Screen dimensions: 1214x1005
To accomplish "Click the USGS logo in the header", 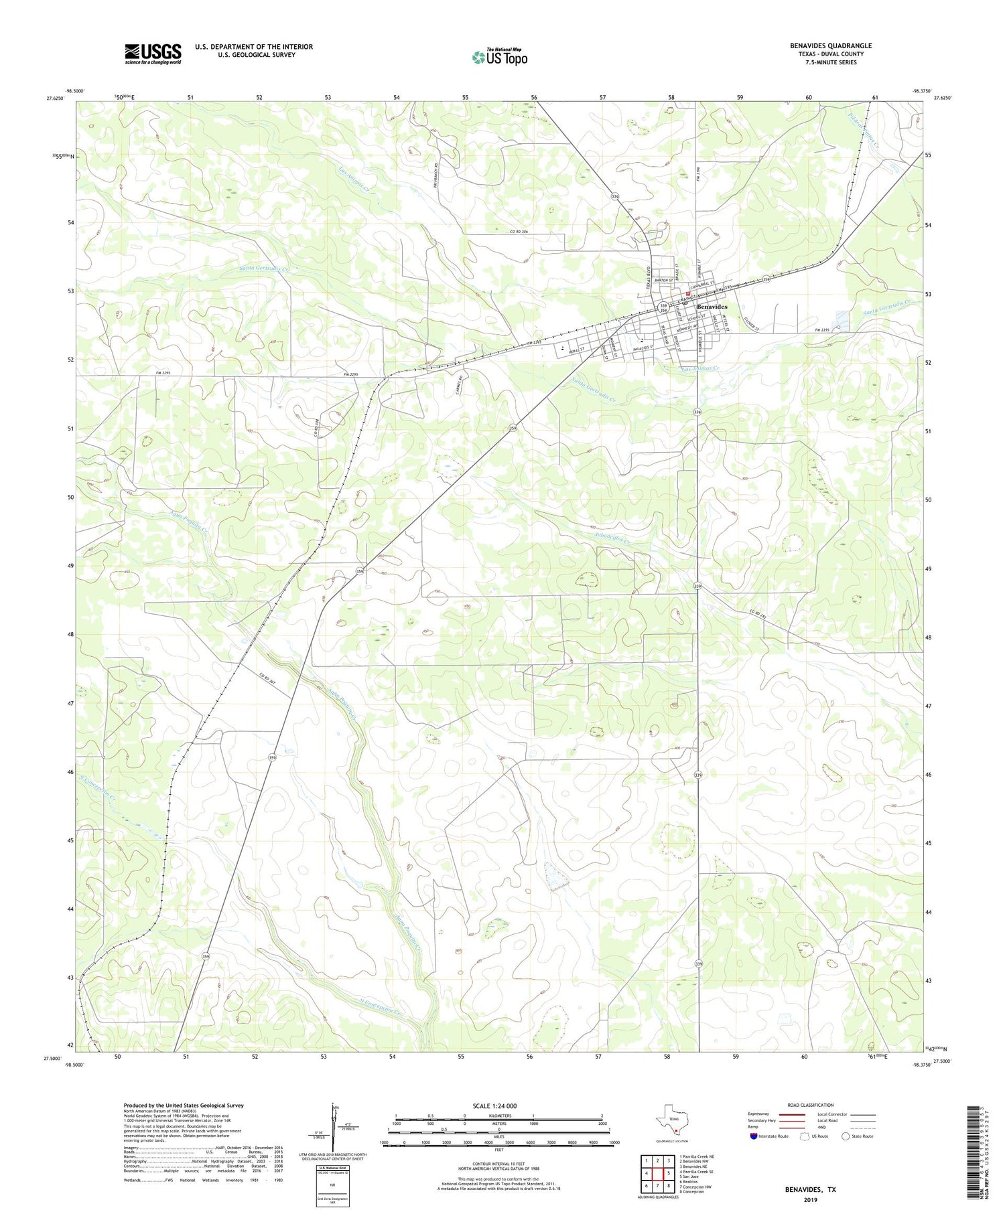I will pos(153,54).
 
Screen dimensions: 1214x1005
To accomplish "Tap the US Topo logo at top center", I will pos(499,58).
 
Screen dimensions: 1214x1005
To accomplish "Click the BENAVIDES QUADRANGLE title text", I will pos(831,46).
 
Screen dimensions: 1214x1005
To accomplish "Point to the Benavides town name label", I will pos(712,307).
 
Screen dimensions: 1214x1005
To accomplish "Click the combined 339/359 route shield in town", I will pos(663,308).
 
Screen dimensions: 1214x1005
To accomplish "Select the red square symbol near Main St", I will pos(687,293).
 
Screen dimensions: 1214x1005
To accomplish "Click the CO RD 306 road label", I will pos(519,232).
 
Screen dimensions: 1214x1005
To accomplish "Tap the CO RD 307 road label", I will pos(268,678).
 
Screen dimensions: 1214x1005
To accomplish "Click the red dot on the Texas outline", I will pos(676,1131).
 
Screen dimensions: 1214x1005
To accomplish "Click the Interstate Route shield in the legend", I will pos(754,1136).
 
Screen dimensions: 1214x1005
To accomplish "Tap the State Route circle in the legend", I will pos(846,1136).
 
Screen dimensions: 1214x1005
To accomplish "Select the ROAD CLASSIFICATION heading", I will pos(811,1105).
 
